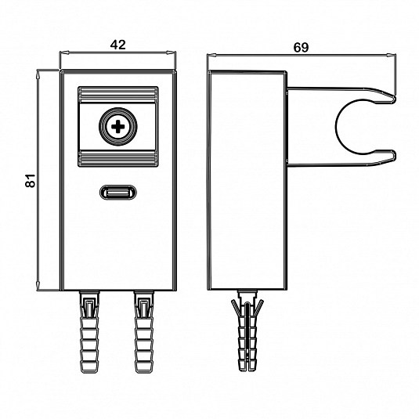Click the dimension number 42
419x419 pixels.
(x=117, y=45)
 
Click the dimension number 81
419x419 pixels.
(x=31, y=180)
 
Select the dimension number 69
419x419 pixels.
(x=302, y=48)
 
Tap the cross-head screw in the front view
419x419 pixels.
(x=117, y=127)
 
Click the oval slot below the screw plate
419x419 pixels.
(x=117, y=192)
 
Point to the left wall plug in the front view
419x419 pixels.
(x=90, y=331)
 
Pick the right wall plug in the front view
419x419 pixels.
(x=145, y=331)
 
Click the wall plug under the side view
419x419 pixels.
(x=247, y=331)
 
